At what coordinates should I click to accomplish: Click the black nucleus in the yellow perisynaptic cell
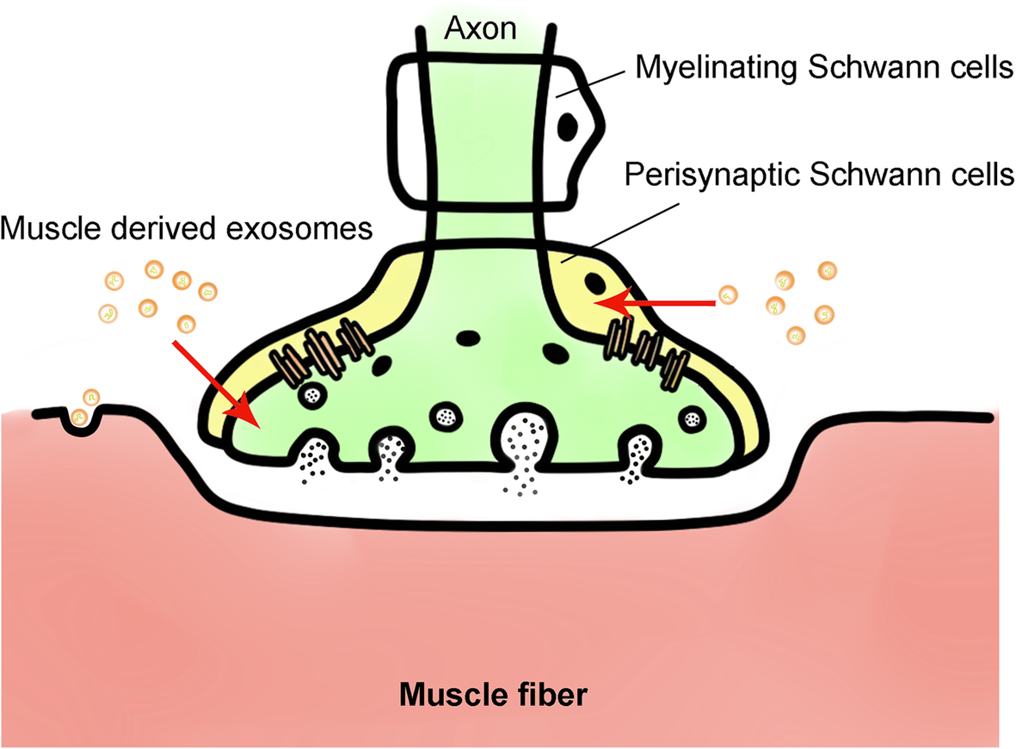pos(594,282)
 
